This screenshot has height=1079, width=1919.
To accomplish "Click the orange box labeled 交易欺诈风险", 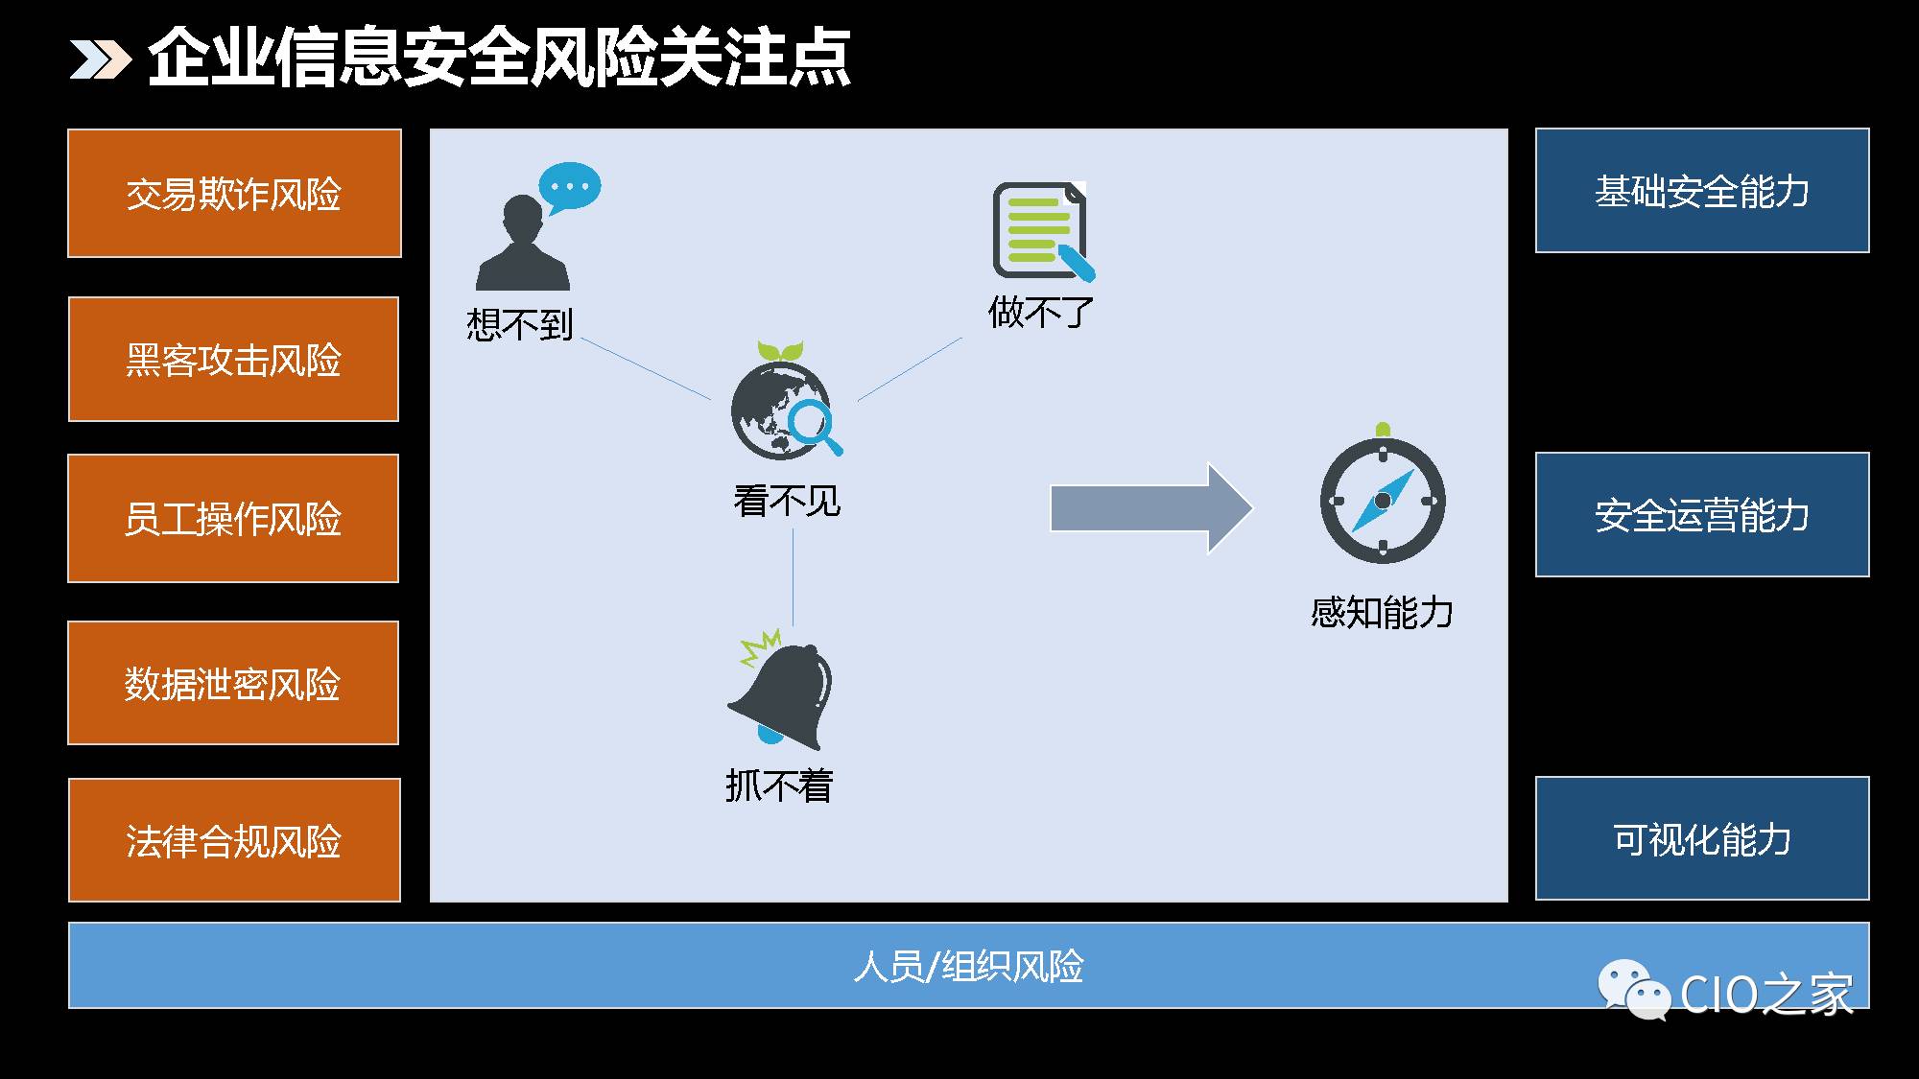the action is click(x=234, y=193).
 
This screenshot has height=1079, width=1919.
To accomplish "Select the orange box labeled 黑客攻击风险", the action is click(x=233, y=359).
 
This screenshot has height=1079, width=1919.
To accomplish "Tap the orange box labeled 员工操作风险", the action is click(x=233, y=518).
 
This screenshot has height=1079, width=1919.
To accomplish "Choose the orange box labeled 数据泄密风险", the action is click(x=233, y=683).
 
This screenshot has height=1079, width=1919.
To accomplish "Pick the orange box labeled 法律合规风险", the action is click(x=234, y=840).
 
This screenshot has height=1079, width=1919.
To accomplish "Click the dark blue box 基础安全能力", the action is click(x=1702, y=191).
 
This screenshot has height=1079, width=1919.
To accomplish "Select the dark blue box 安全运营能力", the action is click(x=1702, y=515).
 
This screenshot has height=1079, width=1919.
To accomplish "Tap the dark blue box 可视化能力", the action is click(x=1702, y=838).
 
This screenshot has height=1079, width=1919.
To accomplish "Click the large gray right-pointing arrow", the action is click(x=1151, y=508).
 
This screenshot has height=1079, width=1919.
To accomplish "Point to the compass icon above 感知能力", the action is click(x=1383, y=495).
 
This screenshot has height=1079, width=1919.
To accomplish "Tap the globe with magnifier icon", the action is click(x=786, y=401).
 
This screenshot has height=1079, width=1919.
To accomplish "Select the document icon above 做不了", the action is click(x=1043, y=232).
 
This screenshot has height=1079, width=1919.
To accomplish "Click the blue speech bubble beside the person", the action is click(x=570, y=188).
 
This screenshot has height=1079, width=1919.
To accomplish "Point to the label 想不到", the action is click(x=519, y=324).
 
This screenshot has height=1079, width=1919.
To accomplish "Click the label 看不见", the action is click(x=787, y=501).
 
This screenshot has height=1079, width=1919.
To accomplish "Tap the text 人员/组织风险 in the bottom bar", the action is click(x=968, y=966).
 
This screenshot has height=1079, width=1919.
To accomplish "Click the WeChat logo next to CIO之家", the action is click(x=1633, y=991).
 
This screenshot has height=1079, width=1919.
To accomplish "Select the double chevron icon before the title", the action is click(x=100, y=59).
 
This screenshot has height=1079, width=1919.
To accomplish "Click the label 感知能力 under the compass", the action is click(x=1382, y=612).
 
